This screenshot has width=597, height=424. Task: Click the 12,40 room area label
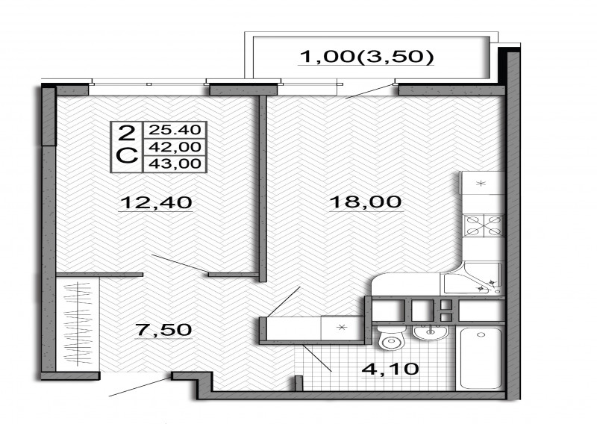click(156, 202)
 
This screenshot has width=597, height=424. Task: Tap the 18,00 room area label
click(365, 202)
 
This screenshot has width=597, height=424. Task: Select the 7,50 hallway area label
click(163, 329)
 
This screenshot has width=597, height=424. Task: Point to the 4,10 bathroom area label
click(390, 369)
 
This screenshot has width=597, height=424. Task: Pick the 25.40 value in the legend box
click(175, 130)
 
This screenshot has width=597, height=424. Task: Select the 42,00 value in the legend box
click(175, 146)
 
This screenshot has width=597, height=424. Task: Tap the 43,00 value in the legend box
click(175, 163)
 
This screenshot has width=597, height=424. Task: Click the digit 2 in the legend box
click(126, 134)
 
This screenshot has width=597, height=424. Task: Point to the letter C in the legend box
click(126, 156)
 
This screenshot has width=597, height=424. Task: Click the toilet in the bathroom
click(389, 337)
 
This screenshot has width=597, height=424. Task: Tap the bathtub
click(481, 358)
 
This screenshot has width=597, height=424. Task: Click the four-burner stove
click(484, 225)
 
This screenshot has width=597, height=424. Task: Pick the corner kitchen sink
click(473, 278)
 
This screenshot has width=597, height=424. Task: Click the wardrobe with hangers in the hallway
click(78, 323)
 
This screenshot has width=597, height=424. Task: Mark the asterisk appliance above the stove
click(481, 183)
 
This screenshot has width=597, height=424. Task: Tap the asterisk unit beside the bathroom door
click(342, 327)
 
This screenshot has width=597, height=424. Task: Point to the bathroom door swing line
click(317, 358)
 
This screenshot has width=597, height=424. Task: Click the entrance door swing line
click(140, 387)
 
